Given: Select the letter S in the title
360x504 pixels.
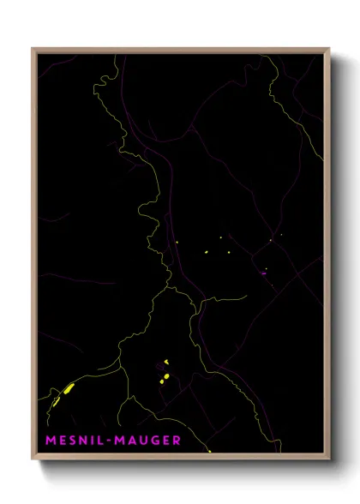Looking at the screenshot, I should pyautogui.click(x=70, y=441).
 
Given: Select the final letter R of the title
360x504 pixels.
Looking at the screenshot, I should pyautogui.click(x=177, y=441).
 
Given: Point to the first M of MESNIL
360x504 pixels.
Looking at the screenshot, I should pyautogui.click(x=47, y=441).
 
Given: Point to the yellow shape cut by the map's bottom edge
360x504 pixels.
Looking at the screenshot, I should pyautogui.click(x=208, y=450).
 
